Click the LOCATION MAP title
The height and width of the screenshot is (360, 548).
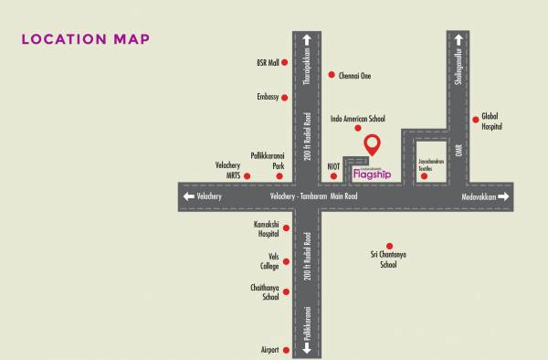[85, 39]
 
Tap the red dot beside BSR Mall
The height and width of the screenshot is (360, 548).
[285, 63]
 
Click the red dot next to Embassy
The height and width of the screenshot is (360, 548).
[285, 96]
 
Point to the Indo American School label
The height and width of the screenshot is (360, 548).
[358, 119]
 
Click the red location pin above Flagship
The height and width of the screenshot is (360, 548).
[372, 145]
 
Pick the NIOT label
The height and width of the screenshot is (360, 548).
[333, 165]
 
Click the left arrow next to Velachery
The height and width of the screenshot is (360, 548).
[189, 196]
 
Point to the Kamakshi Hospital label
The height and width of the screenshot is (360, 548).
[267, 228]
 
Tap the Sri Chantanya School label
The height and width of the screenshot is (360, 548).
[388, 259]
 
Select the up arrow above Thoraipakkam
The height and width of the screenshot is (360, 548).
[307, 39]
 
